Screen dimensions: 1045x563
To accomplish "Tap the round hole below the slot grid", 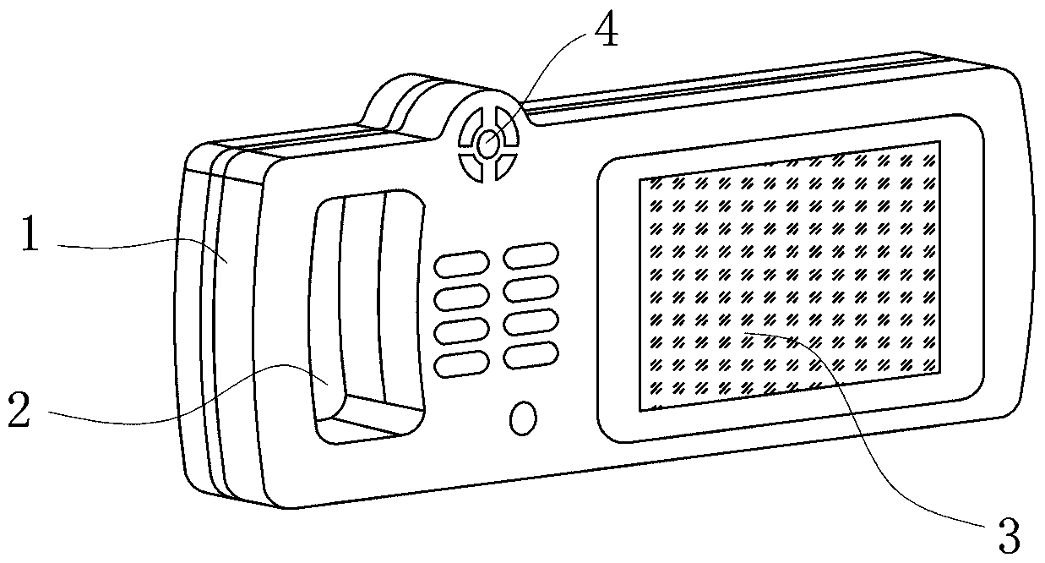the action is (524, 418).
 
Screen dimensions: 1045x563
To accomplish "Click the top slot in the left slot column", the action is (461, 264).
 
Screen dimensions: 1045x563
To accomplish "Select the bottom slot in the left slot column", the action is (461, 363).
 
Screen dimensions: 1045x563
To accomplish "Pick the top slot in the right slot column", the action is (531, 254).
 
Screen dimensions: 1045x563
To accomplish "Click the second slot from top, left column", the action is (461, 298).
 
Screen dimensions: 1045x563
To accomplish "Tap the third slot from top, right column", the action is (531, 321).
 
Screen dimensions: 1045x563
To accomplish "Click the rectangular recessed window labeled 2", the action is (367, 313).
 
